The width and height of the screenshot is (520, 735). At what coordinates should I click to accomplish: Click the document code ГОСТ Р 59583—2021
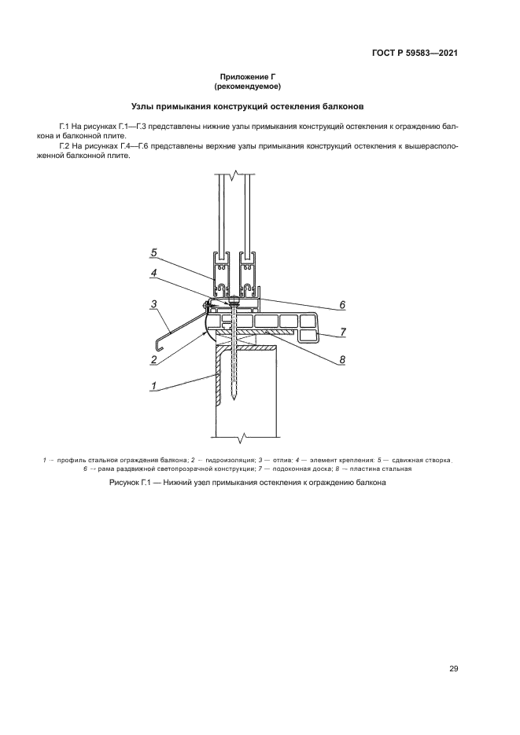(x=415, y=53)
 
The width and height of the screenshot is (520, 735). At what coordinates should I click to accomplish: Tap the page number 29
(x=454, y=668)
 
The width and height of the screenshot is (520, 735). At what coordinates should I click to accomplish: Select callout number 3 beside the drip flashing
(x=155, y=304)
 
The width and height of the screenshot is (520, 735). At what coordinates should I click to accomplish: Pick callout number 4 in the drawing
(x=155, y=274)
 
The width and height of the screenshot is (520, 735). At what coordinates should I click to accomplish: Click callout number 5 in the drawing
(x=155, y=252)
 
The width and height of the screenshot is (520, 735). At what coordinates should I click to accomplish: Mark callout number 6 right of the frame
(x=342, y=305)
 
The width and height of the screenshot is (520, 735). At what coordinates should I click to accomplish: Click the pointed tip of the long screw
(x=234, y=402)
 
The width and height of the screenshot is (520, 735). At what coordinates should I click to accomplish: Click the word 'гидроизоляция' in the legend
(x=228, y=459)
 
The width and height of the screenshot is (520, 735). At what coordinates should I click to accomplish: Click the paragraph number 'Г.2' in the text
(x=65, y=146)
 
